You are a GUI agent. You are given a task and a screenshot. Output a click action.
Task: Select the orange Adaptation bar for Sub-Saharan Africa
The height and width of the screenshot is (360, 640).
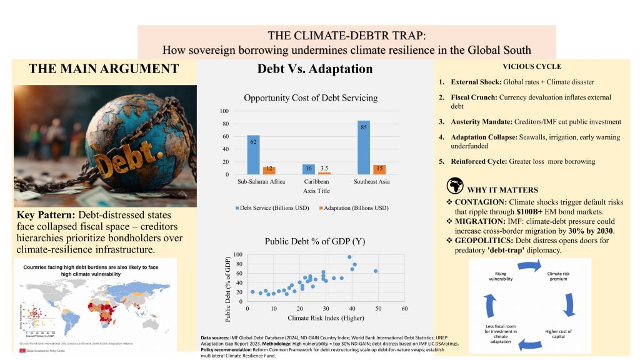click(x=269, y=171)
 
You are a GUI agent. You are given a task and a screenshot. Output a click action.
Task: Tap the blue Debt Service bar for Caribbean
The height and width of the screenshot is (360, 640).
click(x=308, y=169)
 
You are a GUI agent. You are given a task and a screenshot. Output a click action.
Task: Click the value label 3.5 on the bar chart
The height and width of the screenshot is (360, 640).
click(x=324, y=168)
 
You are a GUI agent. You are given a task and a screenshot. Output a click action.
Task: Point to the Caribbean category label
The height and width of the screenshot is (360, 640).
click(x=315, y=182)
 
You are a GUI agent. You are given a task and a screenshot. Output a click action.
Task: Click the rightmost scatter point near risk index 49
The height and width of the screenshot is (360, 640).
click(x=376, y=271)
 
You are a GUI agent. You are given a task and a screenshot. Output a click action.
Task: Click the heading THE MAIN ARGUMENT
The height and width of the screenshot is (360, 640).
click(x=103, y=69)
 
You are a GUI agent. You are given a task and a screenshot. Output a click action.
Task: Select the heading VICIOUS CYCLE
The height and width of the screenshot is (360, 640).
click(x=532, y=66)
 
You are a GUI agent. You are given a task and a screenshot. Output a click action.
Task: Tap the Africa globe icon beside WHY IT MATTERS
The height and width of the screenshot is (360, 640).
click(x=454, y=188)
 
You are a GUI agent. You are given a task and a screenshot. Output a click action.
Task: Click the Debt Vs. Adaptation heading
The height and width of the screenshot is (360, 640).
click(x=314, y=69)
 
